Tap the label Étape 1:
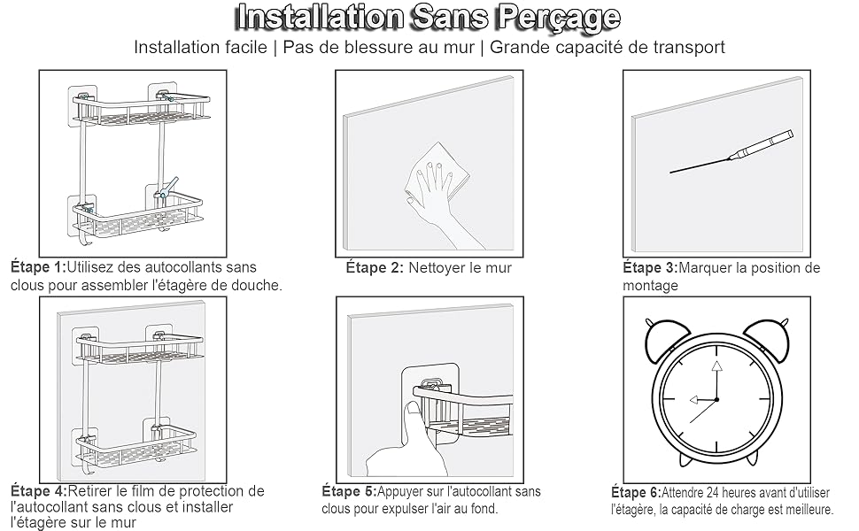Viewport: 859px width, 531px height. point(38,267)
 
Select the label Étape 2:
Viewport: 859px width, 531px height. point(375,267)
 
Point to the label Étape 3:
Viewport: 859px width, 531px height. point(650,267)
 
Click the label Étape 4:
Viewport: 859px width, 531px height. point(38,490)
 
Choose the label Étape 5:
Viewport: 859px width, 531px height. point(349,491)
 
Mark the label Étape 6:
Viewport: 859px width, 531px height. point(635,492)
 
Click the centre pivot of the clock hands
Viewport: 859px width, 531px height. point(716,400)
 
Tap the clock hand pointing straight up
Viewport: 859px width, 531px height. point(716,376)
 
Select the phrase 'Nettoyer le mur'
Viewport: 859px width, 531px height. point(460,267)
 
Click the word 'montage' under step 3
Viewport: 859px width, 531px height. point(650,286)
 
